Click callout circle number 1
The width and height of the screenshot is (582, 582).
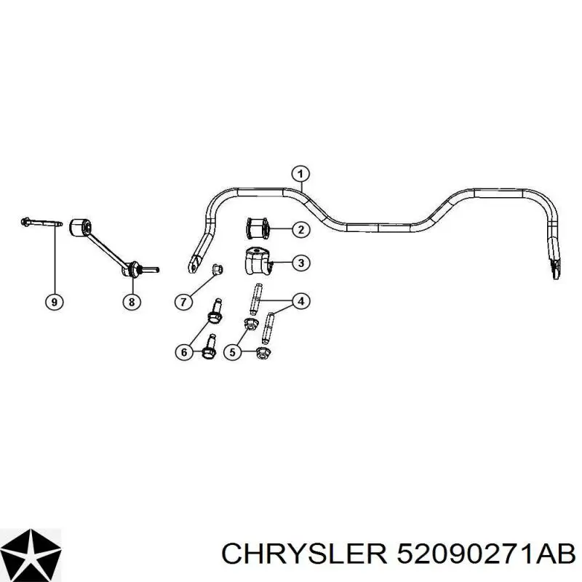point(300,174)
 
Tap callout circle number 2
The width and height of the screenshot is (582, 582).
point(300,230)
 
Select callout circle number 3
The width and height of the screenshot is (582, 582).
point(300,263)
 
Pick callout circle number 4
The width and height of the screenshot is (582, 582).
point(300,301)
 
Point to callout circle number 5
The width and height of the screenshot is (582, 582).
point(233,352)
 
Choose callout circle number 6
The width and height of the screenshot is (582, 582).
point(184,352)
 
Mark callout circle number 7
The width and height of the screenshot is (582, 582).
point(184,302)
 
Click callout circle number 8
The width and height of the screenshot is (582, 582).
point(132,302)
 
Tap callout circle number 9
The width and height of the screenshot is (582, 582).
point(54,302)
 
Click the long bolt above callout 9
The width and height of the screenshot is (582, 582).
point(41,223)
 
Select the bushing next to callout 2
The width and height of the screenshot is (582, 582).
point(257,228)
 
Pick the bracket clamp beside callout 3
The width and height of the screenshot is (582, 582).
point(257,261)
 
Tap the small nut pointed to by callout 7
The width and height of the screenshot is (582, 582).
point(217,269)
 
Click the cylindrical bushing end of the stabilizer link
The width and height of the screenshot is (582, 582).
point(80,227)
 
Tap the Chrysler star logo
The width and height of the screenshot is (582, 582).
point(31,554)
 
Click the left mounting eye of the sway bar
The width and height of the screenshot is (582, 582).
point(194,265)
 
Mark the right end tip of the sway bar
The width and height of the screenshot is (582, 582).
point(556,277)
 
